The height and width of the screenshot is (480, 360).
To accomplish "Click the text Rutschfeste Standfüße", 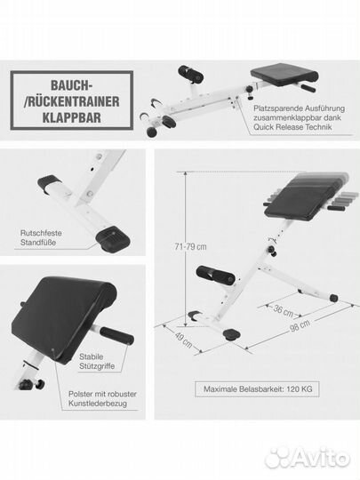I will click(43, 237).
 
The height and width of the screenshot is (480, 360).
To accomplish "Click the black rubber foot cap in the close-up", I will click(113, 237).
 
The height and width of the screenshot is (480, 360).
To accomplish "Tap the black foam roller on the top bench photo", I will click(190, 73).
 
